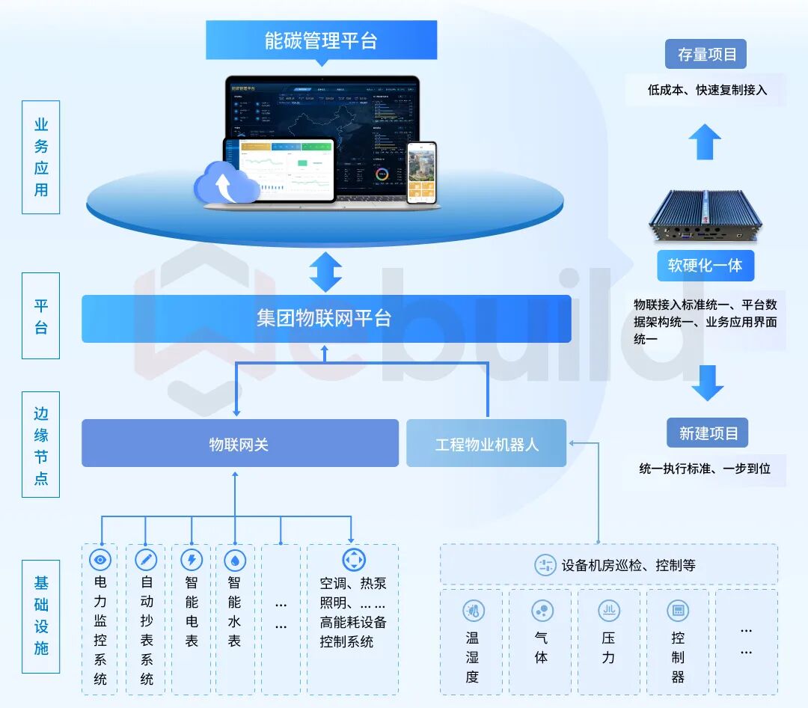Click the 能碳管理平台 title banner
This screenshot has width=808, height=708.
(321, 40)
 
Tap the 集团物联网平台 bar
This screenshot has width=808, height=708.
(326, 319)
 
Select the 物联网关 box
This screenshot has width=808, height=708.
(239, 444)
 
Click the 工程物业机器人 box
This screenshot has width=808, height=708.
(486, 444)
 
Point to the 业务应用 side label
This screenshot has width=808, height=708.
(40, 157)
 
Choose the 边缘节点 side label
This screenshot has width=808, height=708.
(40, 445)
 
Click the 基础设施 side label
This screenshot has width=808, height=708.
(40, 615)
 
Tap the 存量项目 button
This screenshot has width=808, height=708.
(707, 55)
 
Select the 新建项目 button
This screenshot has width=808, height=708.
(708, 433)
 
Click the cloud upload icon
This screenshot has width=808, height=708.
(223, 183)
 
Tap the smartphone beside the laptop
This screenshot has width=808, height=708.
(421, 173)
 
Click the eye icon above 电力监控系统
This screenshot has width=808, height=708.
(100, 559)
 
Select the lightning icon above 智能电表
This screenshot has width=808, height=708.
(192, 559)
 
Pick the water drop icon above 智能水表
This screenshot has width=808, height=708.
(235, 559)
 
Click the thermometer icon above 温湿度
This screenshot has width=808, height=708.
(472, 611)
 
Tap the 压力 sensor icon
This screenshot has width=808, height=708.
(609, 611)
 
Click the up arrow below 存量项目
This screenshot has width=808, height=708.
(705, 141)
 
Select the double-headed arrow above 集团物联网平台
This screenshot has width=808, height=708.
(325, 272)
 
